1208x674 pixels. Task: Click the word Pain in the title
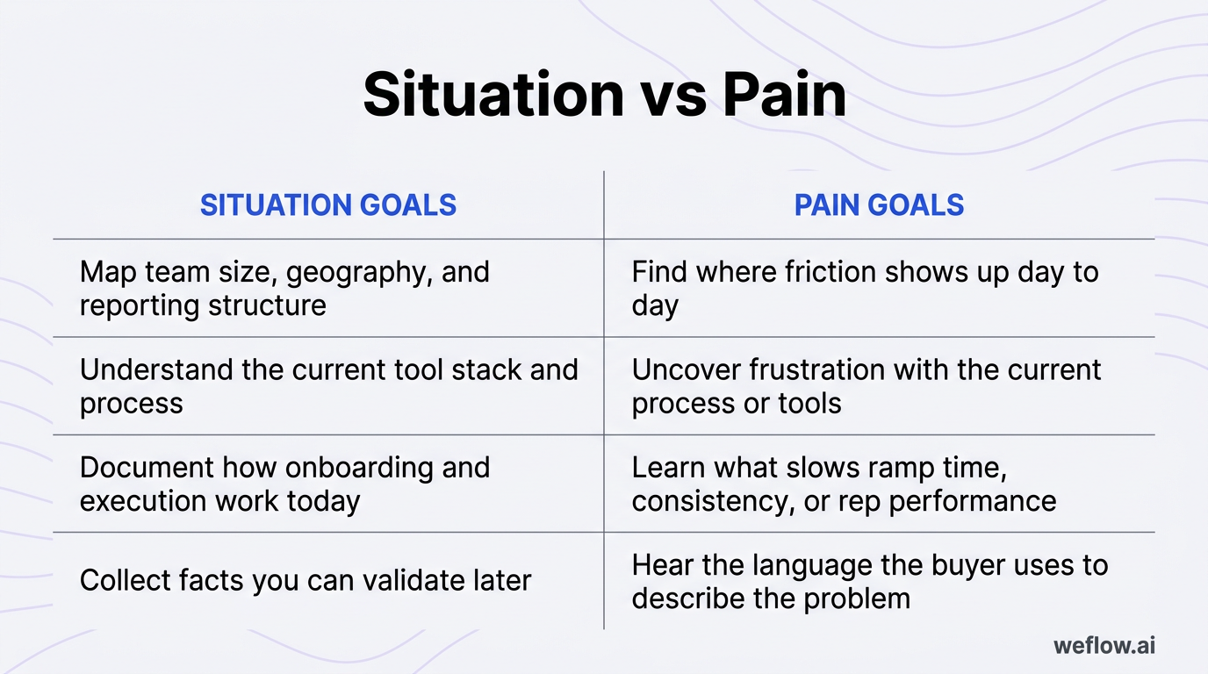(785, 94)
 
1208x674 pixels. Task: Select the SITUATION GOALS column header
(328, 205)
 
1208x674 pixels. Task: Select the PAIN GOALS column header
(879, 205)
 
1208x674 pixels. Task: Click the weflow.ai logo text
(1104, 646)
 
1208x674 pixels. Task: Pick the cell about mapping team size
(284, 288)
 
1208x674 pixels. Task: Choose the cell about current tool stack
(328, 385)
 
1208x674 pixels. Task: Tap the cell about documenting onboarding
(284, 484)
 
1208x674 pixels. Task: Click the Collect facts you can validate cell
(306, 580)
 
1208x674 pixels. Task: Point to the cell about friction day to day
(865, 288)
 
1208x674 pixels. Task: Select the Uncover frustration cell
(866, 385)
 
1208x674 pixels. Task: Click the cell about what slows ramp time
(844, 484)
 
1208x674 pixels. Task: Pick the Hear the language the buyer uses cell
(869, 580)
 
